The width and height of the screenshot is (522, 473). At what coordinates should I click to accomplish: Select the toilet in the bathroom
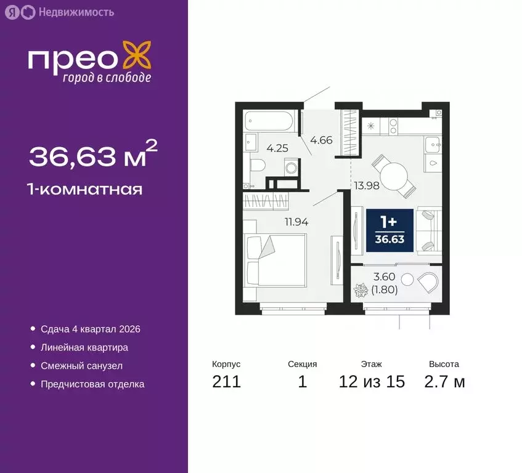pos(258,164)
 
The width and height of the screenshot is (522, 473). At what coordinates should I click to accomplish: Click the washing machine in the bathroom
pos(290,167)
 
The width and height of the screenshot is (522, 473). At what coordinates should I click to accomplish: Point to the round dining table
pos(393,173)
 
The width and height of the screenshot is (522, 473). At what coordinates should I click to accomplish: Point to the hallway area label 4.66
pos(321,140)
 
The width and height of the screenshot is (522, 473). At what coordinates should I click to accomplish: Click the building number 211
pos(226,381)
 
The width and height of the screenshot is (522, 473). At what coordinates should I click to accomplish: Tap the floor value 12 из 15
pos(372,381)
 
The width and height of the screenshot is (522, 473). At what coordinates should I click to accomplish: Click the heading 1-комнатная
pos(86,189)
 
